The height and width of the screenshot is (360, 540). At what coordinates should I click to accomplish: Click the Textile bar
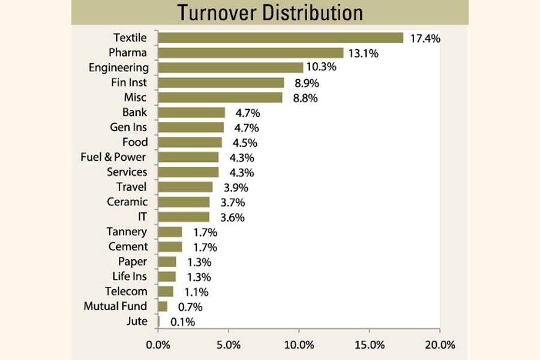[281, 38]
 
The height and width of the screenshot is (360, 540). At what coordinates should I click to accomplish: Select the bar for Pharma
[251, 53]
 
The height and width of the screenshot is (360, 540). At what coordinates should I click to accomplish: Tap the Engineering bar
[231, 68]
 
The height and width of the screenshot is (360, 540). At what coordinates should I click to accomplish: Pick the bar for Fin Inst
[221, 83]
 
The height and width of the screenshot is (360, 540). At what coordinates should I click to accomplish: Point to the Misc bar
[220, 98]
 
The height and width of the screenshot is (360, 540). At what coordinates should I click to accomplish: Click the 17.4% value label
[425, 38]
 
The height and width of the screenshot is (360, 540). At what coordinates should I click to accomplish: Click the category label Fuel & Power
[113, 157]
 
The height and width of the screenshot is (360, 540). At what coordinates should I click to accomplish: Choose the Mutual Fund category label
[115, 307]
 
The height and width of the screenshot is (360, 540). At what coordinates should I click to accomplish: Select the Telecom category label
[125, 292]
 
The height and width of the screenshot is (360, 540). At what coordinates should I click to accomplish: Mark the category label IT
[142, 217]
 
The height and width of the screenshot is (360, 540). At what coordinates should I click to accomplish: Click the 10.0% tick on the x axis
[299, 345]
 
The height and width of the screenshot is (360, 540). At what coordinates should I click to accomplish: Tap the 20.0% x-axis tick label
[439, 345]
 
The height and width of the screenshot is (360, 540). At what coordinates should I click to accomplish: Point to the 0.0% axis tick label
[158, 345]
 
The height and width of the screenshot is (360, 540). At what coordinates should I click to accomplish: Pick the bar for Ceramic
[184, 202]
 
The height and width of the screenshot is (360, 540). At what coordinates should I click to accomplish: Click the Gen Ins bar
[191, 127]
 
